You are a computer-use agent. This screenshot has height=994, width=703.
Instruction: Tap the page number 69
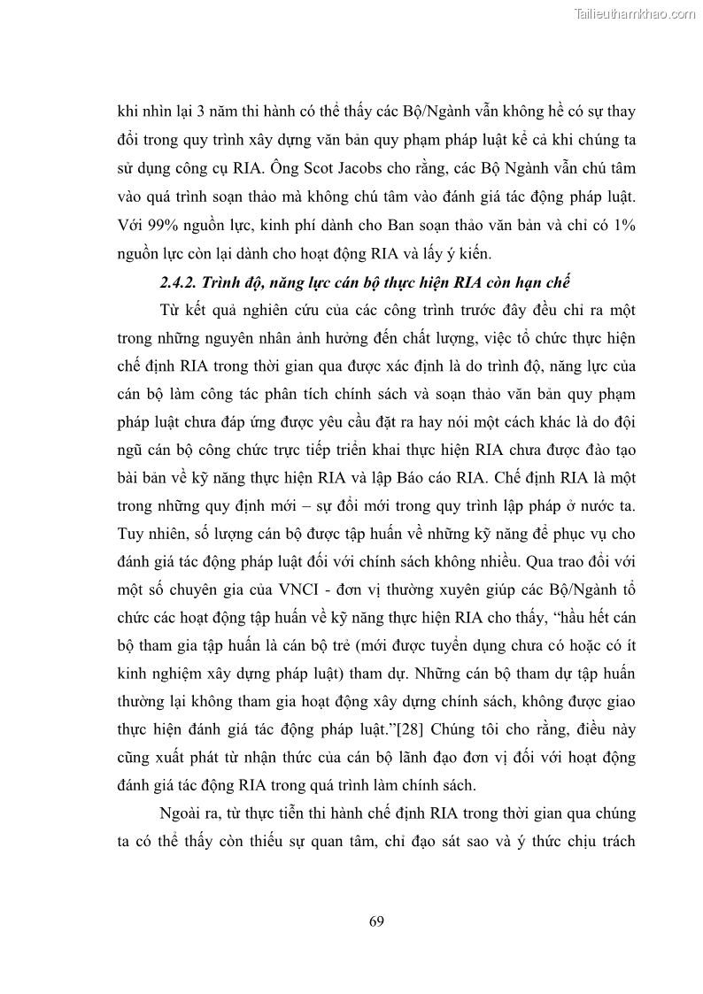click(376, 921)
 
